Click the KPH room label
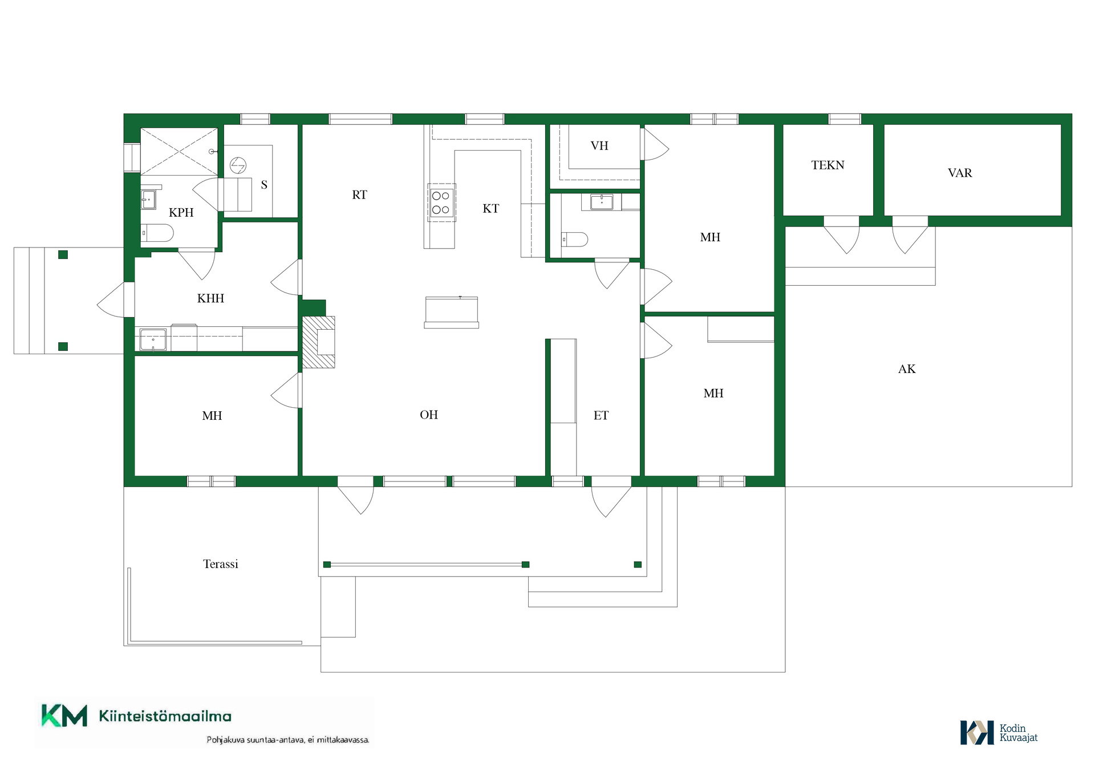tap(181, 213)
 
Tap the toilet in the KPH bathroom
tap(157, 233)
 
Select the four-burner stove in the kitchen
tap(441, 202)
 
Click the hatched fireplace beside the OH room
tap(318, 342)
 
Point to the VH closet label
tap(599, 146)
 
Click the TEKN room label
tap(828, 165)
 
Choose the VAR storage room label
tap(960, 173)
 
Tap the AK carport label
tap(907, 369)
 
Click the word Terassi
tap(221, 564)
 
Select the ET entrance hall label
tap(601, 416)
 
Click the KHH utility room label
tap(210, 298)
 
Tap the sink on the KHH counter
tap(153, 340)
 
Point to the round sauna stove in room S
tap(238, 165)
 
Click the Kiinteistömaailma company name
tap(165, 716)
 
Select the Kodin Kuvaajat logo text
tap(1019, 733)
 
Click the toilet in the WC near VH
tap(575, 240)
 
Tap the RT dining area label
tap(359, 195)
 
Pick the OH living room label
tap(429, 415)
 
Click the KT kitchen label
tap(490, 209)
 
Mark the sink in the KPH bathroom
tap(148, 200)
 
